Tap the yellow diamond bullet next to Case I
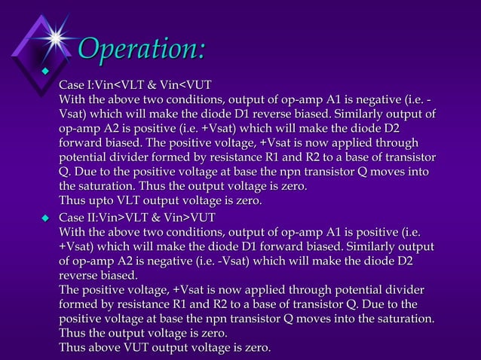44,72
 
